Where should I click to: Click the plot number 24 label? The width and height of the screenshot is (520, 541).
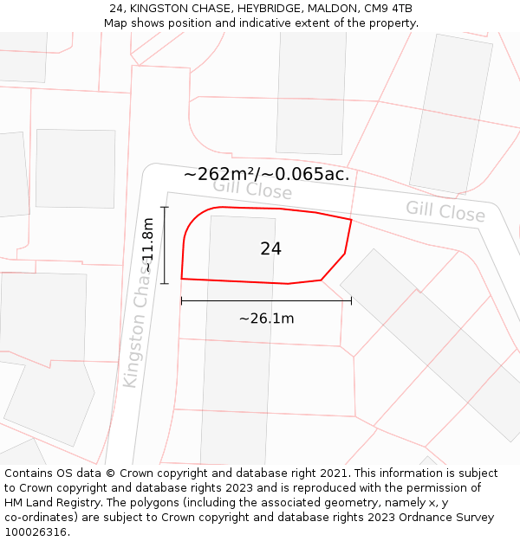[x=270, y=249]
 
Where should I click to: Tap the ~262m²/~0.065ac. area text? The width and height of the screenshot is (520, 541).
[x=266, y=174]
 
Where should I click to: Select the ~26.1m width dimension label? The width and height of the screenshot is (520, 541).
[x=266, y=319]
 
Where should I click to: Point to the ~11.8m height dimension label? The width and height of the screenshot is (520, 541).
[x=148, y=245]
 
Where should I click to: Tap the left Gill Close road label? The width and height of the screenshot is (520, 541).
[x=252, y=188]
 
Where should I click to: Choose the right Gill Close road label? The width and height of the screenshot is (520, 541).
[x=445, y=210]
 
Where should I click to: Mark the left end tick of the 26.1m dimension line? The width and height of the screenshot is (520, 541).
[x=181, y=301]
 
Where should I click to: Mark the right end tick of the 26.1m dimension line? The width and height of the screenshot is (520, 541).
[x=351, y=301]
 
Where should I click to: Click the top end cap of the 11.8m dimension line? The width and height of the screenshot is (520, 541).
[x=165, y=208]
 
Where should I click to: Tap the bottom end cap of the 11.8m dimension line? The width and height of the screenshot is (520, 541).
[x=165, y=283]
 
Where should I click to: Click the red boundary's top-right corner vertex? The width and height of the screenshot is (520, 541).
[x=351, y=220]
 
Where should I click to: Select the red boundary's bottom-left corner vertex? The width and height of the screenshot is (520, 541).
[x=181, y=279]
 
